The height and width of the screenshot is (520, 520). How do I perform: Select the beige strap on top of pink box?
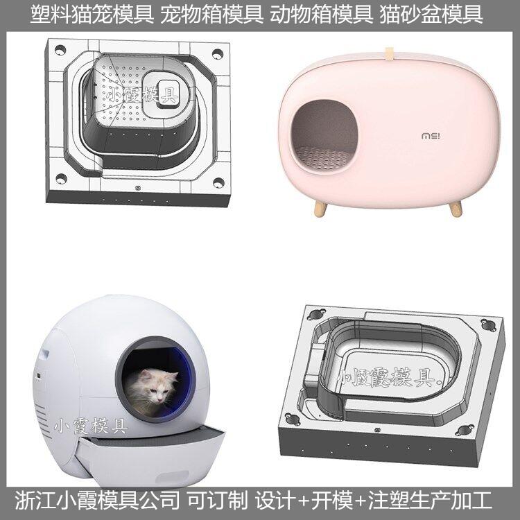tap(389, 55)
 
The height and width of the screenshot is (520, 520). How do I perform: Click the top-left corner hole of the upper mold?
tap(60, 51)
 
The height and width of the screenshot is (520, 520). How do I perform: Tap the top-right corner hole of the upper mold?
tap(218, 53)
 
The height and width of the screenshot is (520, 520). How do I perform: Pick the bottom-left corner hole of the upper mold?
tap(61, 179)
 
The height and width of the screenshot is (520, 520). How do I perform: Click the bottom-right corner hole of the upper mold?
tap(218, 182)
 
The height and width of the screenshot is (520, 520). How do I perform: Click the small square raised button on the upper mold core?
tap(168, 93)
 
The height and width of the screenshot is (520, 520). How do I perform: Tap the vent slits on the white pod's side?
tap(41, 417)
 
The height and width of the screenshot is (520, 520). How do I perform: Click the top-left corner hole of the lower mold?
tap(316, 313)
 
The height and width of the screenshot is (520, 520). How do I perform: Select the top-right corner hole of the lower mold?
tap(488, 324)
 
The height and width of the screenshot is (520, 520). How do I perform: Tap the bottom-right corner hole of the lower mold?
tap(463, 431)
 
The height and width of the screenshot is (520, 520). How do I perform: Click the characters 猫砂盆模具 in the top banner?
tap(431, 15)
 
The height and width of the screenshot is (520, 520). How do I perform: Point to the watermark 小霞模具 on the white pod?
tap(91, 426)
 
